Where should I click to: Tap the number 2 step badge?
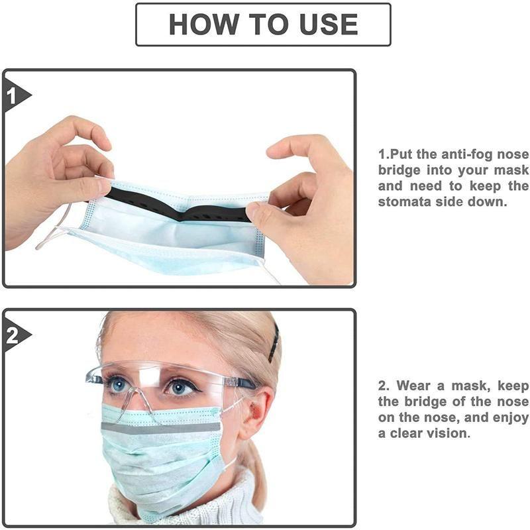13,336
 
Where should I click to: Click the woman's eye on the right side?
181,386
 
